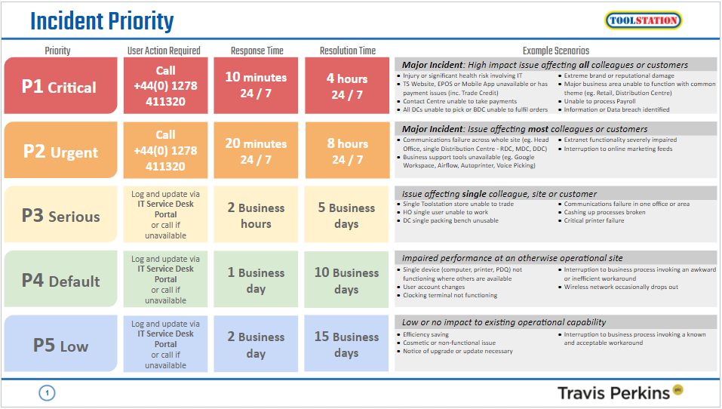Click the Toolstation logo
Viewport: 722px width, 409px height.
point(643,20)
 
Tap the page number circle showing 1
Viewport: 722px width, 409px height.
point(47,392)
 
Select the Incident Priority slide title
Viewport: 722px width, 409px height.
point(102,21)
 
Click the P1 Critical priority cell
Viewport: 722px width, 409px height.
point(60,87)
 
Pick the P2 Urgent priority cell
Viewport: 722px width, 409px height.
point(60,151)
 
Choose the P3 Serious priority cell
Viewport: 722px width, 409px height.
point(60,216)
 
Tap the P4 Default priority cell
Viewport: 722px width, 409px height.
point(60,281)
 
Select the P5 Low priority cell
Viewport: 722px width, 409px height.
point(60,346)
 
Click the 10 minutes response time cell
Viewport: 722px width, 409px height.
point(256,86)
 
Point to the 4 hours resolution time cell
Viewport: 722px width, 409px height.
point(346,86)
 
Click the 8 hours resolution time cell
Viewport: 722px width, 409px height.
point(346,151)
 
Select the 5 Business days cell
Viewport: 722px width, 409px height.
point(346,216)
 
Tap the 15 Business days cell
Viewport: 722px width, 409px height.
point(346,345)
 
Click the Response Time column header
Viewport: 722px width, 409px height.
point(257,51)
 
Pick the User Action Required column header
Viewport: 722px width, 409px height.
point(164,51)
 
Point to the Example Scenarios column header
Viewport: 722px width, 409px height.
point(555,51)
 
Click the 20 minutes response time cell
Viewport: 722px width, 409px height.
point(256,151)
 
